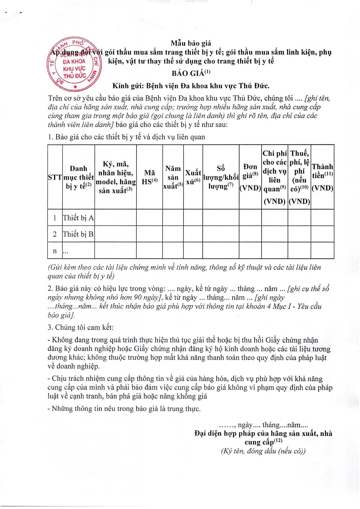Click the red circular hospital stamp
click(x=74, y=64)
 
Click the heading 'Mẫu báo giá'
click(x=191, y=43)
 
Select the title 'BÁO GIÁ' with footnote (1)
click(x=191, y=73)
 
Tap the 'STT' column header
click(x=55, y=177)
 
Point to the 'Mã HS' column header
click(x=149, y=177)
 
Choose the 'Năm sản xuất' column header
click(x=173, y=177)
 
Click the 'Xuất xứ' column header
click(x=193, y=177)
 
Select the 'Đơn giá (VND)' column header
click(x=250, y=177)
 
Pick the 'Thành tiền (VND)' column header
click(x=322, y=177)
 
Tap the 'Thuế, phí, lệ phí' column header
click(x=299, y=177)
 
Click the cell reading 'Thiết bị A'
click(x=78, y=218)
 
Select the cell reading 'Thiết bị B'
click(x=78, y=234)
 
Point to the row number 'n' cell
click(x=55, y=251)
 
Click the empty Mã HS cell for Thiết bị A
click(x=149, y=218)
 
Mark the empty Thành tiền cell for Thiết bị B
click(x=322, y=234)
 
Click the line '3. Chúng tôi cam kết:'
click(x=81, y=327)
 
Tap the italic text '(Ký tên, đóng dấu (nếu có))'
click(x=263, y=451)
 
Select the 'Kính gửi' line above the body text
click(x=191, y=86)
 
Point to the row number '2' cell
click(x=55, y=234)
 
